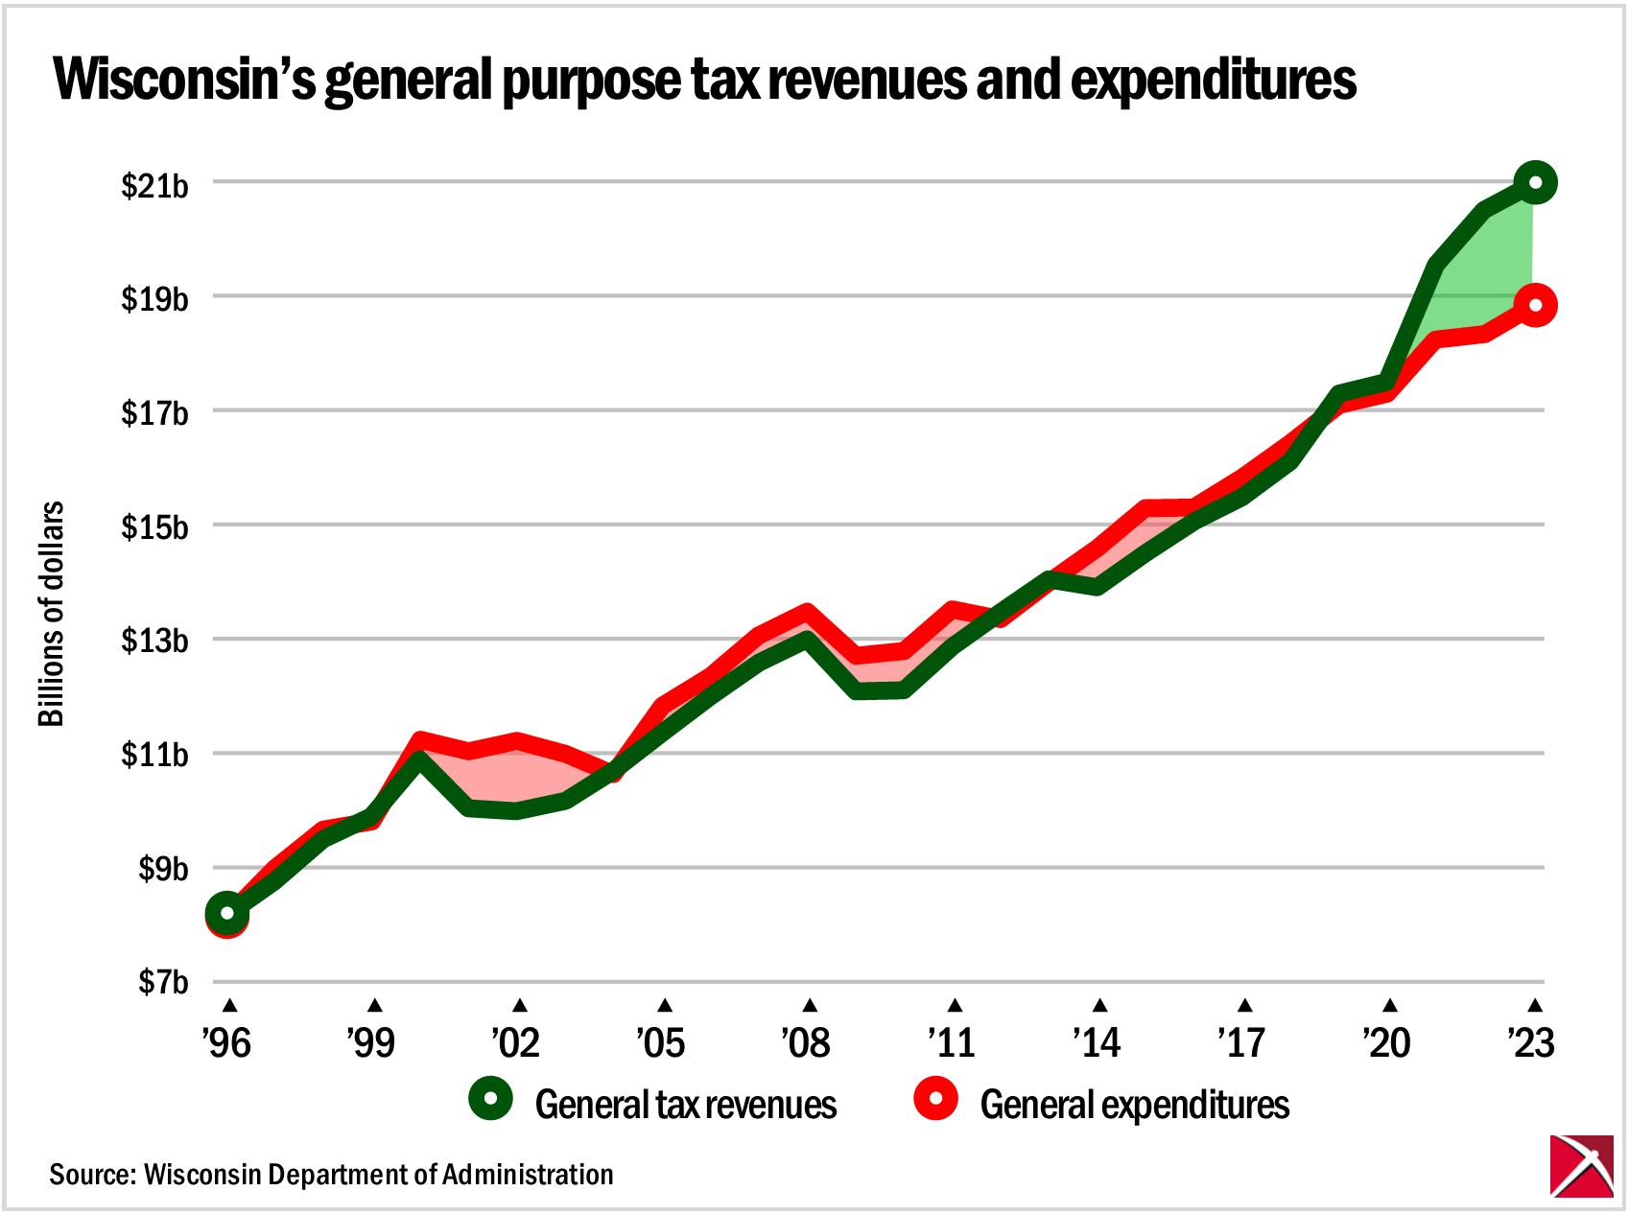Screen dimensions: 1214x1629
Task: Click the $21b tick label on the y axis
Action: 154,185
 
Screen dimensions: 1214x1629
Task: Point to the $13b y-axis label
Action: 154,641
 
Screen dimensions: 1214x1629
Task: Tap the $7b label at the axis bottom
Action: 162,983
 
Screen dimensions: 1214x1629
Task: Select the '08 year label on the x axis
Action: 806,1042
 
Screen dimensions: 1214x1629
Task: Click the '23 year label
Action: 1531,1042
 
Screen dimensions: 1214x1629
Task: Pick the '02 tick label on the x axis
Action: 516,1042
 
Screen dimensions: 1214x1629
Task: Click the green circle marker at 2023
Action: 1535,182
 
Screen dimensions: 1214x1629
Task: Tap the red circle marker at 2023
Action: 1535,306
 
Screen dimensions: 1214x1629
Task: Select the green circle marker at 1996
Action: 227,913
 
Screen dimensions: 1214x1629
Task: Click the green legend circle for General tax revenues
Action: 491,1099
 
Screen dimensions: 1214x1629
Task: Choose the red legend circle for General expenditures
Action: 935,1099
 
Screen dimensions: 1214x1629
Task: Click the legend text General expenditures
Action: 1135,1105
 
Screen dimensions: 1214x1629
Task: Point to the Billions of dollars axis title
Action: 51,614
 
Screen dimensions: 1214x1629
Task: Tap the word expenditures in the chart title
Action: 1214,79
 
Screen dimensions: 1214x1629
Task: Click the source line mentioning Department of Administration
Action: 331,1175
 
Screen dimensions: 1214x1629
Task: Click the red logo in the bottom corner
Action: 1581,1166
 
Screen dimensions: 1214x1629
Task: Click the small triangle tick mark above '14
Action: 1099,1006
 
